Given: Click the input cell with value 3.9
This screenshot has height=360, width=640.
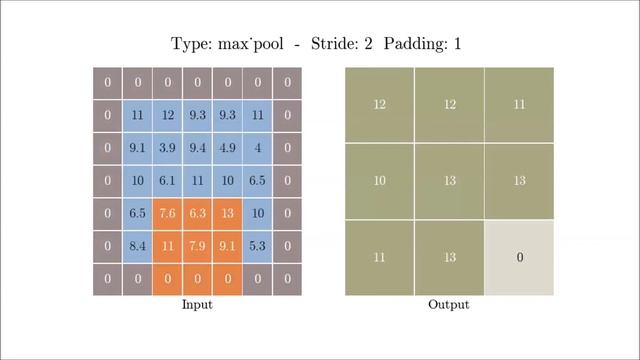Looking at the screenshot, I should (x=168, y=148).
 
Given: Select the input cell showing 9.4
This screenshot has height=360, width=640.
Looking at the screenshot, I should (x=198, y=148).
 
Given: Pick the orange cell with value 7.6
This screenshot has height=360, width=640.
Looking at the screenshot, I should (x=168, y=213).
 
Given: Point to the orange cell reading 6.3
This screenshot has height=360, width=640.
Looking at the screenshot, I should (x=198, y=213).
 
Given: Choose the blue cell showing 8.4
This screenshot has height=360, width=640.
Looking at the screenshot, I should (x=138, y=246).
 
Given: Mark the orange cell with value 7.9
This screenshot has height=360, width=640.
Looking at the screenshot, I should (x=198, y=246).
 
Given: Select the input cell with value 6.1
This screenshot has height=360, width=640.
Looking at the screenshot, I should (x=168, y=181).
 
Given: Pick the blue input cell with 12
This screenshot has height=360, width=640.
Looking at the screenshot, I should (x=168, y=116).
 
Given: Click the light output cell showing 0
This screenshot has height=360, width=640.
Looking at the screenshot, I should (x=519, y=258).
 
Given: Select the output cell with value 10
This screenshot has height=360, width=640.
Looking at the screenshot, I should (x=380, y=181).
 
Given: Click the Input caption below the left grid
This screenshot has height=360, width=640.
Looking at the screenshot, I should (x=197, y=304).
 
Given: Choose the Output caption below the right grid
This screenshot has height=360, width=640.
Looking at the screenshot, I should (x=449, y=304).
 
